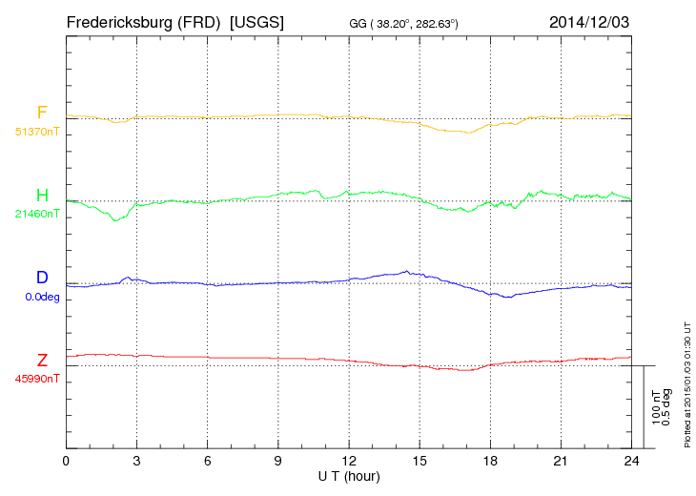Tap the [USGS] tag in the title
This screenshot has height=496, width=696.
(x=257, y=21)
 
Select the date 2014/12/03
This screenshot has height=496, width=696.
(x=589, y=21)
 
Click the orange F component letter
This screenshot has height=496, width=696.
(x=42, y=113)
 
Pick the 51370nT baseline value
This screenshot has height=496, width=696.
(x=36, y=131)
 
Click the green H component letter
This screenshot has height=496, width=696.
(x=42, y=196)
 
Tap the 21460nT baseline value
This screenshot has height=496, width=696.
(x=36, y=214)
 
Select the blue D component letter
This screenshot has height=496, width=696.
(x=42, y=278)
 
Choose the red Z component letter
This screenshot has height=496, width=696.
(x=42, y=361)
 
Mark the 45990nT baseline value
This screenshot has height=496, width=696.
(x=36, y=379)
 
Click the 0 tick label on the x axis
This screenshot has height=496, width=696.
(x=66, y=461)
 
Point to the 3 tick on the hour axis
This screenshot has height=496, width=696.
(x=136, y=461)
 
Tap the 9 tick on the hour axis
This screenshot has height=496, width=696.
(x=277, y=461)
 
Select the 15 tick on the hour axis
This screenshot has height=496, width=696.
(x=420, y=461)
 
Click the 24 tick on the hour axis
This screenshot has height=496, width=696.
(x=631, y=461)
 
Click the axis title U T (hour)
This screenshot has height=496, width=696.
(x=349, y=475)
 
